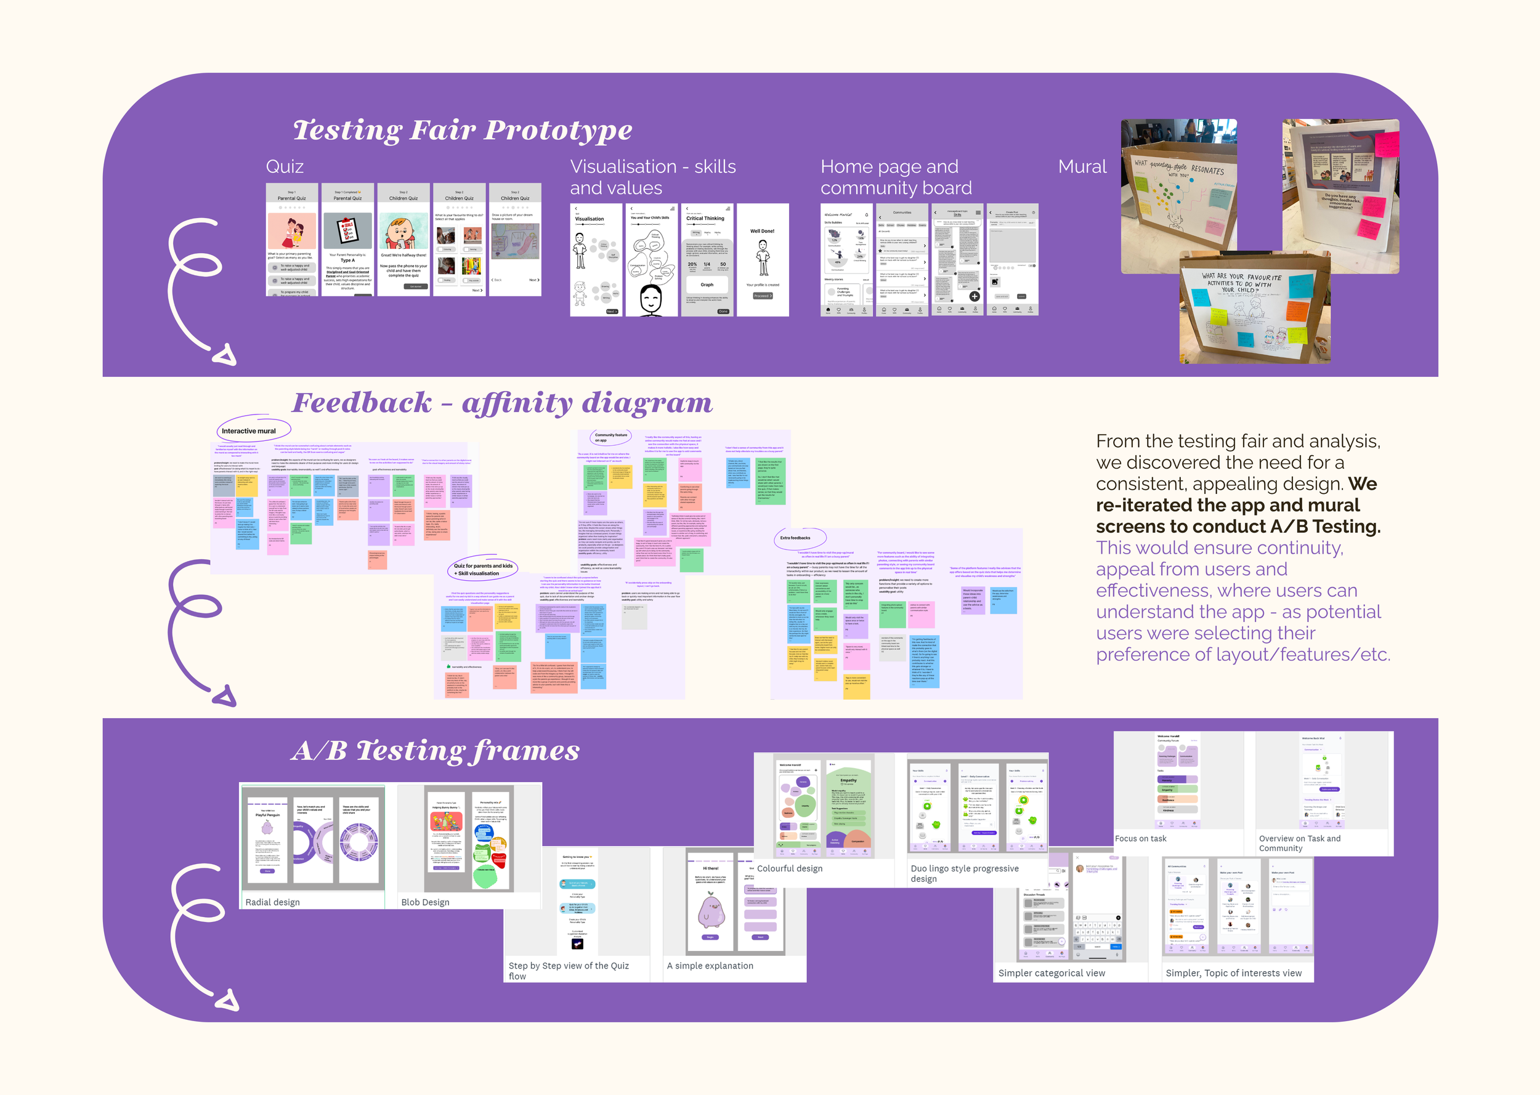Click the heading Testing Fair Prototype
coord(463,130)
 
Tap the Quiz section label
coord(285,166)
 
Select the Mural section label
coord(1082,166)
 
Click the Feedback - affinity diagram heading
coord(501,403)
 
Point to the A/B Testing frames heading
coord(436,751)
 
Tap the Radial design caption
coord(272,902)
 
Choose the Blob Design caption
coord(425,902)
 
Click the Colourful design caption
coord(790,868)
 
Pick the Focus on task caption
coord(1140,839)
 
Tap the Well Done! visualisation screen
coord(763,260)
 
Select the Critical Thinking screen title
coord(705,219)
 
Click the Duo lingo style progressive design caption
coord(964,873)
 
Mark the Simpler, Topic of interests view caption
coord(1233,973)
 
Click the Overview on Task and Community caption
coord(1299,844)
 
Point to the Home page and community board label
coord(896,177)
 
